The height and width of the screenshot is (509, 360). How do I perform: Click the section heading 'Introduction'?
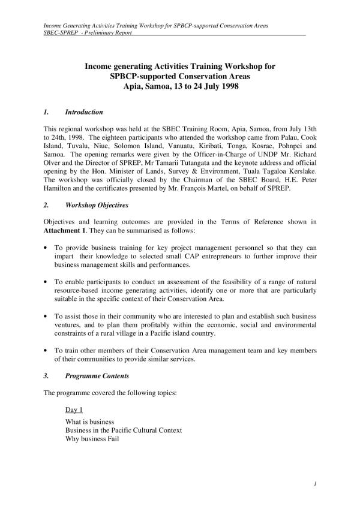84,112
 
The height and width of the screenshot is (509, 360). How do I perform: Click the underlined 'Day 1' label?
74,409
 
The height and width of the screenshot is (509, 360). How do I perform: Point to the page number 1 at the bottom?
315,483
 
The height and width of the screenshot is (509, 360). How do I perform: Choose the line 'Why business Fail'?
92,439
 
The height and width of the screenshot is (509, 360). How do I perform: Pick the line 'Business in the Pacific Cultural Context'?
124,430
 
